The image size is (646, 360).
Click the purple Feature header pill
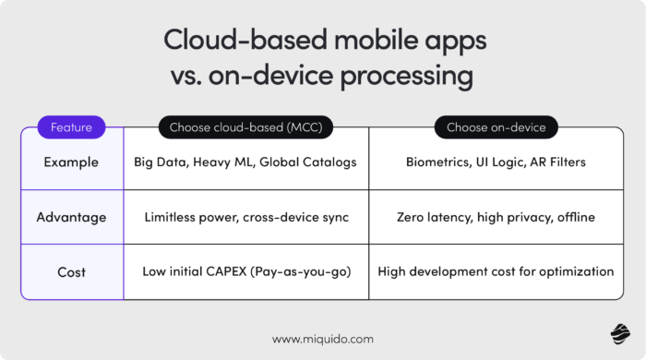71,127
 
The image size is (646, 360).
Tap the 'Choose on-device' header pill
496,127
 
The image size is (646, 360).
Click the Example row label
71,162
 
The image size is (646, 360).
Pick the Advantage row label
71,217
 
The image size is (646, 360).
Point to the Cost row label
71,272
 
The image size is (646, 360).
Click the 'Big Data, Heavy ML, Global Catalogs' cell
245,162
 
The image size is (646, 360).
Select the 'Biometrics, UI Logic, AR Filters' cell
496,162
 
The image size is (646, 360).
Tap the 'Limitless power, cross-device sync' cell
245,217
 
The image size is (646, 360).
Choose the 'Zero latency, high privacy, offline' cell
496,217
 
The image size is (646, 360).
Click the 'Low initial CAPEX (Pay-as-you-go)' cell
245,272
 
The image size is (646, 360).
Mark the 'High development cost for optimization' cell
496,272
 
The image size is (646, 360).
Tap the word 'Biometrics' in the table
437,162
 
